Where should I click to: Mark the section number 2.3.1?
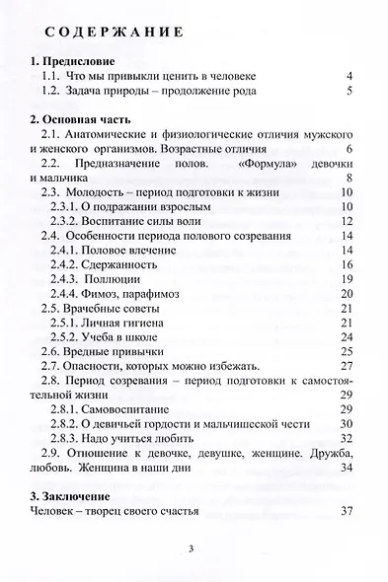tap(68, 207)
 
